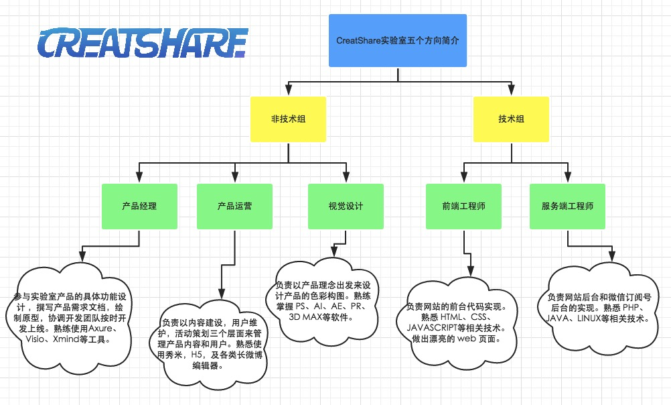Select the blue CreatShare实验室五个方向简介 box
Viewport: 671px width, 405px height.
[x=398, y=40]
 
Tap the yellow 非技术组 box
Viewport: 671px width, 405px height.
[x=289, y=119]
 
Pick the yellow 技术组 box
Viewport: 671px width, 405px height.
[x=511, y=119]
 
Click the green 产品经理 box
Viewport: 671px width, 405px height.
[x=139, y=206]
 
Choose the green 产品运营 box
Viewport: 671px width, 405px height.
[x=235, y=206]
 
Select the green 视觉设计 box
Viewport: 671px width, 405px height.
[x=346, y=206]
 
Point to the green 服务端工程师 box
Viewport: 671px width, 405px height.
[x=567, y=206]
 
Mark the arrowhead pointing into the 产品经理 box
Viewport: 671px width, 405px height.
[x=139, y=178]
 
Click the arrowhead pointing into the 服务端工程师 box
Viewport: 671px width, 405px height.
[x=567, y=178]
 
